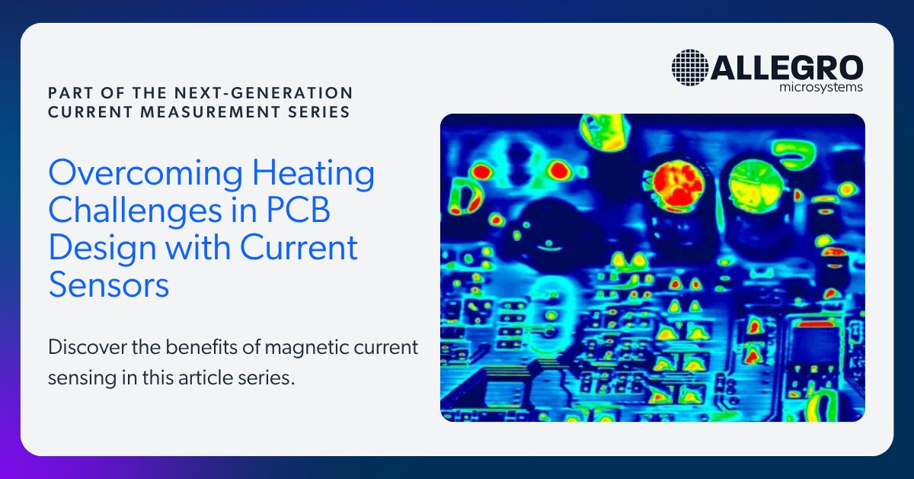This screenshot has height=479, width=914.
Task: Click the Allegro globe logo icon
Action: [690, 67]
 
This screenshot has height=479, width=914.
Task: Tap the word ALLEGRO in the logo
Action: [787, 67]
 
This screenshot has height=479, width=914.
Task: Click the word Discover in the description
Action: [84, 348]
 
